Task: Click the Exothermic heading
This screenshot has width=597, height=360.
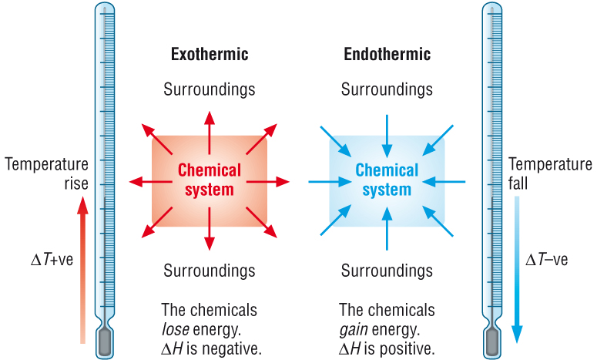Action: coord(209,55)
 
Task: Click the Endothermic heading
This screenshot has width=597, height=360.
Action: coord(387,55)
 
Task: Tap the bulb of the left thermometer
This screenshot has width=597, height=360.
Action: coord(106,339)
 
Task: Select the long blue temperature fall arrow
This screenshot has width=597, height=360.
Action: coord(517,270)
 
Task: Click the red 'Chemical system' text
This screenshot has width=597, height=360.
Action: coord(209,180)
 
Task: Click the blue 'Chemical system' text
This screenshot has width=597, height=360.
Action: coord(387,180)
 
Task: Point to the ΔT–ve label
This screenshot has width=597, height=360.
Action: coord(546,260)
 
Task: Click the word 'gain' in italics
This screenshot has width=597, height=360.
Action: coord(354,330)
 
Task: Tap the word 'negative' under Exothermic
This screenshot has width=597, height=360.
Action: coord(236,348)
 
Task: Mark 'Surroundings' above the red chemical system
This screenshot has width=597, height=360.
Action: coord(209,89)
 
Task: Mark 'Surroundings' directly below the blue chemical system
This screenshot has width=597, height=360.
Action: coord(387,271)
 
